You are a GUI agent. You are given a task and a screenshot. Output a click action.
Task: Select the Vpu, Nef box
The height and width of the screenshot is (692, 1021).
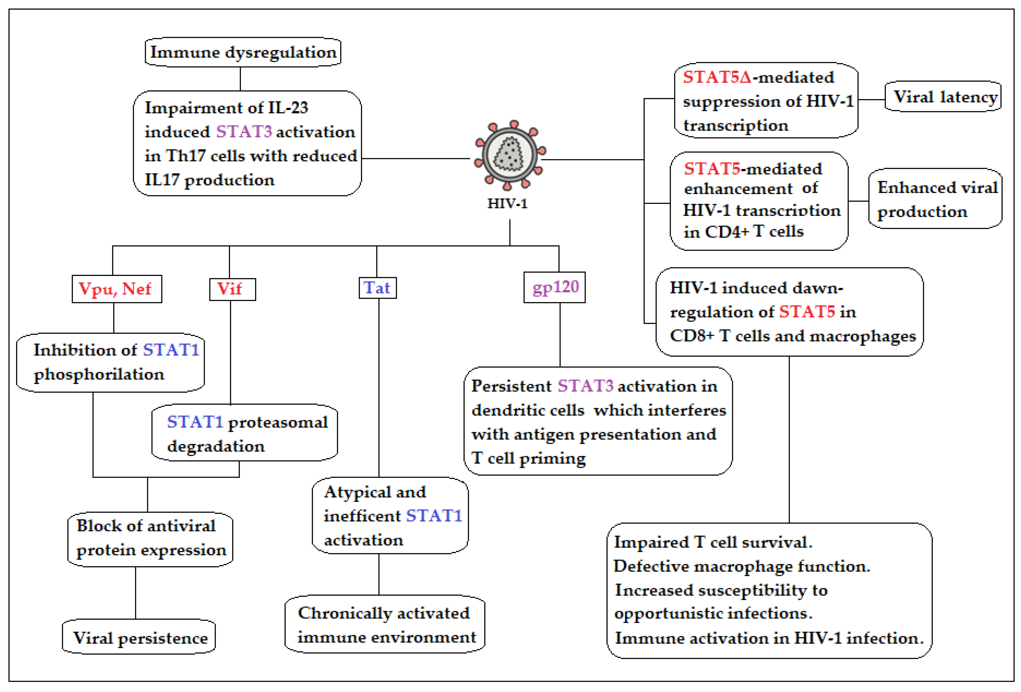pos(116,289)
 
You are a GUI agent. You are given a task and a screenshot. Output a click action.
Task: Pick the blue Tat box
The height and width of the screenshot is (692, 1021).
pos(377,288)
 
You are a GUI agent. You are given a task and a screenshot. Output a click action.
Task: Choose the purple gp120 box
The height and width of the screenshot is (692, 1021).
pos(554,287)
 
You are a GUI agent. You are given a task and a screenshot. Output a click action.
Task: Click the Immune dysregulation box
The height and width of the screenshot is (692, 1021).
pos(243,52)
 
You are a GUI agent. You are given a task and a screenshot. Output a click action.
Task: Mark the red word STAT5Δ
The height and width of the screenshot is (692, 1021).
pos(717,77)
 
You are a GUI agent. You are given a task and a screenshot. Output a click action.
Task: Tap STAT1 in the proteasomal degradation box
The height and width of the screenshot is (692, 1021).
pos(195,422)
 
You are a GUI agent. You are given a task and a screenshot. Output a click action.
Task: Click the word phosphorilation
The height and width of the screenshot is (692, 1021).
pos(99,374)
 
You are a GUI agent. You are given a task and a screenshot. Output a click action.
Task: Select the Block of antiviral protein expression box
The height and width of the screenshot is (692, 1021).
pos(150,538)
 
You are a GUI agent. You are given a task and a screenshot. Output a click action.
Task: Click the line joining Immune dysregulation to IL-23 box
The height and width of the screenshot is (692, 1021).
pos(240,79)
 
